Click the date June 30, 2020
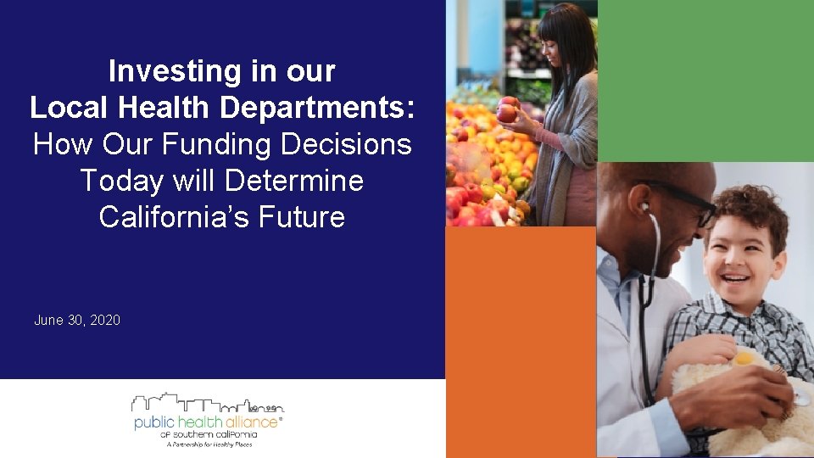(x=77, y=320)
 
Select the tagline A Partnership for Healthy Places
(x=209, y=444)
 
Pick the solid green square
(x=705, y=80)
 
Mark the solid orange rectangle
(x=520, y=339)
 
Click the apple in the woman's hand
(x=507, y=110)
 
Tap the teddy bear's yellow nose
(x=744, y=359)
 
